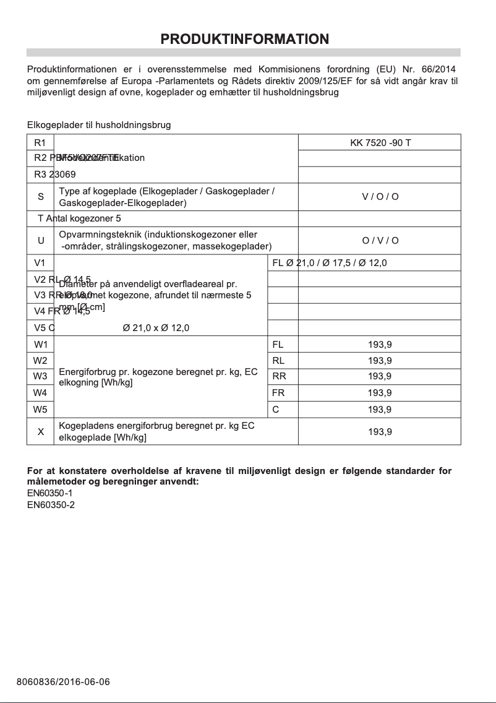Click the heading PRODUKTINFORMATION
pyautogui.click(x=244, y=39)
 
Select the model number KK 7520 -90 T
pyautogui.click(x=380, y=143)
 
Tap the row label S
pyautogui.click(x=41, y=197)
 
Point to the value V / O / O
pyautogui.click(x=380, y=197)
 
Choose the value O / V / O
pyautogui.click(x=380, y=241)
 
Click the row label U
pyautogui.click(x=41, y=241)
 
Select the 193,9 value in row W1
pyautogui.click(x=380, y=345)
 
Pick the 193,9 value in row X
pyautogui.click(x=380, y=432)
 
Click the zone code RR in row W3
pyautogui.click(x=279, y=376)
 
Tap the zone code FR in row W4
pyautogui.click(x=278, y=392)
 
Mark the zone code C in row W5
pyautogui.click(x=275, y=409)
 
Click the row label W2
pyautogui.click(x=41, y=361)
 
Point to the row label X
pyautogui.click(x=41, y=432)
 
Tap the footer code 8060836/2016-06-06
pyautogui.click(x=63, y=682)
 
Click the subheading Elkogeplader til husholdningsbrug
pyautogui.click(x=99, y=125)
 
